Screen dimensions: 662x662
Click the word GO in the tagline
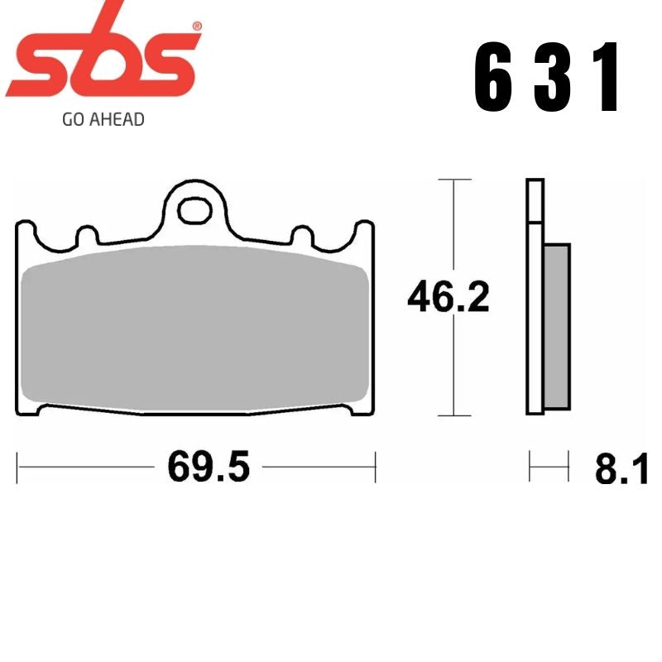[x=72, y=119]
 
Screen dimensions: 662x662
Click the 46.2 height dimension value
[x=449, y=297]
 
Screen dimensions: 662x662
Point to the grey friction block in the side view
[x=557, y=325]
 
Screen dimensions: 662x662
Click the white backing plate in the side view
[x=535, y=298]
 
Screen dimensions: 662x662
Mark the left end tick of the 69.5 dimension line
[x=18, y=468]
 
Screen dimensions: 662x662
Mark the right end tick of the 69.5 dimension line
[x=376, y=468]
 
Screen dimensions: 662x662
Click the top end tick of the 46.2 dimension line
[x=453, y=179]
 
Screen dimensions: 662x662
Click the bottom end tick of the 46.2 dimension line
[x=453, y=415]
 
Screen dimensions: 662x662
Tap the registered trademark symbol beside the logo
[x=196, y=26]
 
